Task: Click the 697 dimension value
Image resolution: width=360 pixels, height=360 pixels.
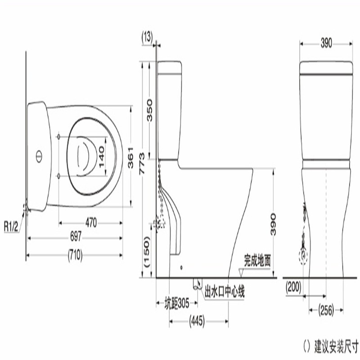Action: pyautogui.click(x=76, y=236)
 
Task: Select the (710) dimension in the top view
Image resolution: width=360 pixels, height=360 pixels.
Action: pyautogui.click(x=75, y=255)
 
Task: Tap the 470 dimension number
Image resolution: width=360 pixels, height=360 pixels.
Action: pyautogui.click(x=91, y=223)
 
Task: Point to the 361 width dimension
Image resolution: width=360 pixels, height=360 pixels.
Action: pyautogui.click(x=130, y=157)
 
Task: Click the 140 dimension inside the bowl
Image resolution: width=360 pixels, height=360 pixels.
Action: pyautogui.click(x=101, y=157)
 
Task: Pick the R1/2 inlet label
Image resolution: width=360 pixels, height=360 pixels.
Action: pyautogui.click(x=11, y=227)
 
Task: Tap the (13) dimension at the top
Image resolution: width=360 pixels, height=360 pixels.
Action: pyautogui.click(x=147, y=37)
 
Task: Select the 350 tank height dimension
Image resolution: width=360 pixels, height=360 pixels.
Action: pyautogui.click(x=149, y=110)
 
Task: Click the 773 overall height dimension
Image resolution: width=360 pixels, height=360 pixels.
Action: pyautogui.click(x=142, y=164)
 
